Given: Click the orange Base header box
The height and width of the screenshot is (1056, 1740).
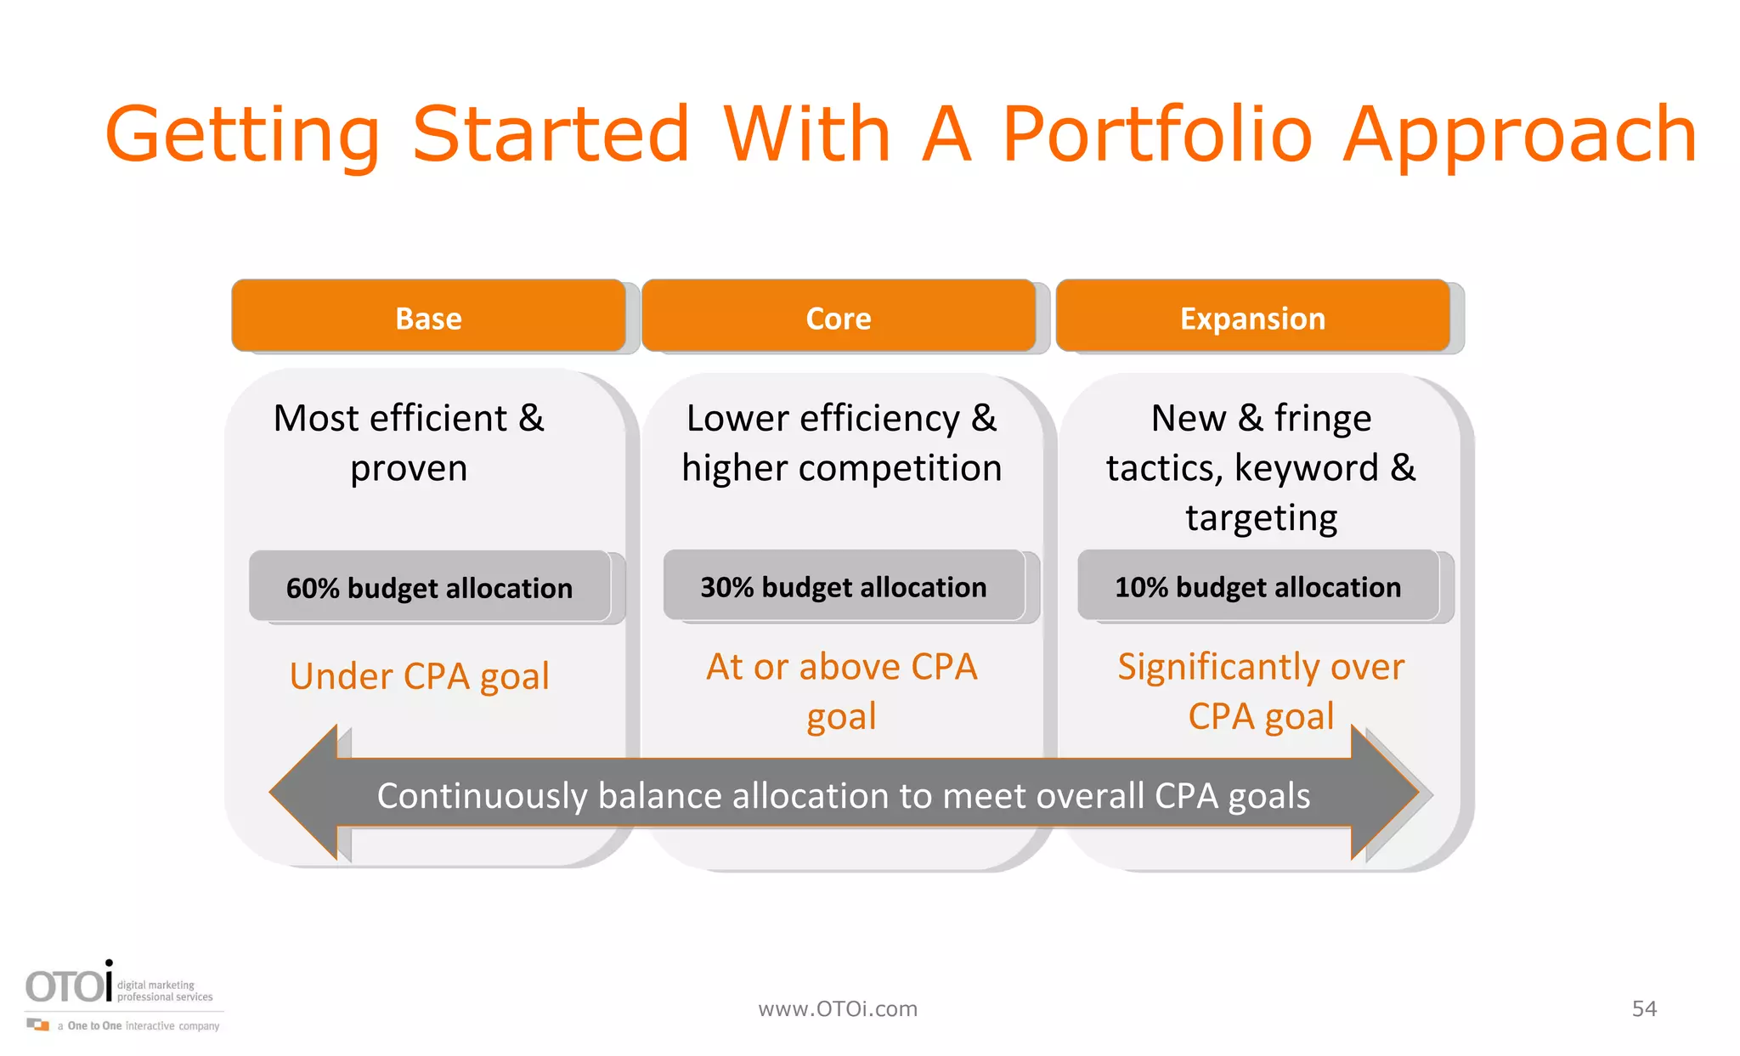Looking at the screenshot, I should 428,317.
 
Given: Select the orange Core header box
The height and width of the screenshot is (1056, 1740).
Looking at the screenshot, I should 839,317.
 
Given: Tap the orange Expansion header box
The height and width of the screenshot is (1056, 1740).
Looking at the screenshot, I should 1252,317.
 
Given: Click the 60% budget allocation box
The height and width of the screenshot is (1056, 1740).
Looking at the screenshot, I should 429,587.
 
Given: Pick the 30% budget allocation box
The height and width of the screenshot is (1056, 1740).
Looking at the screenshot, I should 843,586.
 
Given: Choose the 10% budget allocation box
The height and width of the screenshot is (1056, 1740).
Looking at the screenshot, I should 1257,586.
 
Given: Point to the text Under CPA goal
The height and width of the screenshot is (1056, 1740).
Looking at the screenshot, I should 419,676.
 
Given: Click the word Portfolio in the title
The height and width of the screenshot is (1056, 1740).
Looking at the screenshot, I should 1157,134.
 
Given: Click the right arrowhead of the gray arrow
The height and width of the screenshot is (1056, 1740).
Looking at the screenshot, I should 1385,792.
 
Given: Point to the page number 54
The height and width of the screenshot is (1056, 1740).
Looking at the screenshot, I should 1644,1008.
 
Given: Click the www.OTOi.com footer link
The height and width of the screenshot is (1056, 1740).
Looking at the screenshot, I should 838,1008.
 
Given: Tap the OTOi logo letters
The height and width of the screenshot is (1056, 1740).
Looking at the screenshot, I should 68,985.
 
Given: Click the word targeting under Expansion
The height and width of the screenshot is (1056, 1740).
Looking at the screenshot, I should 1261,517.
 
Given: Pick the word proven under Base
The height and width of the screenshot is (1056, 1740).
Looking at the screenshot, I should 409,468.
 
